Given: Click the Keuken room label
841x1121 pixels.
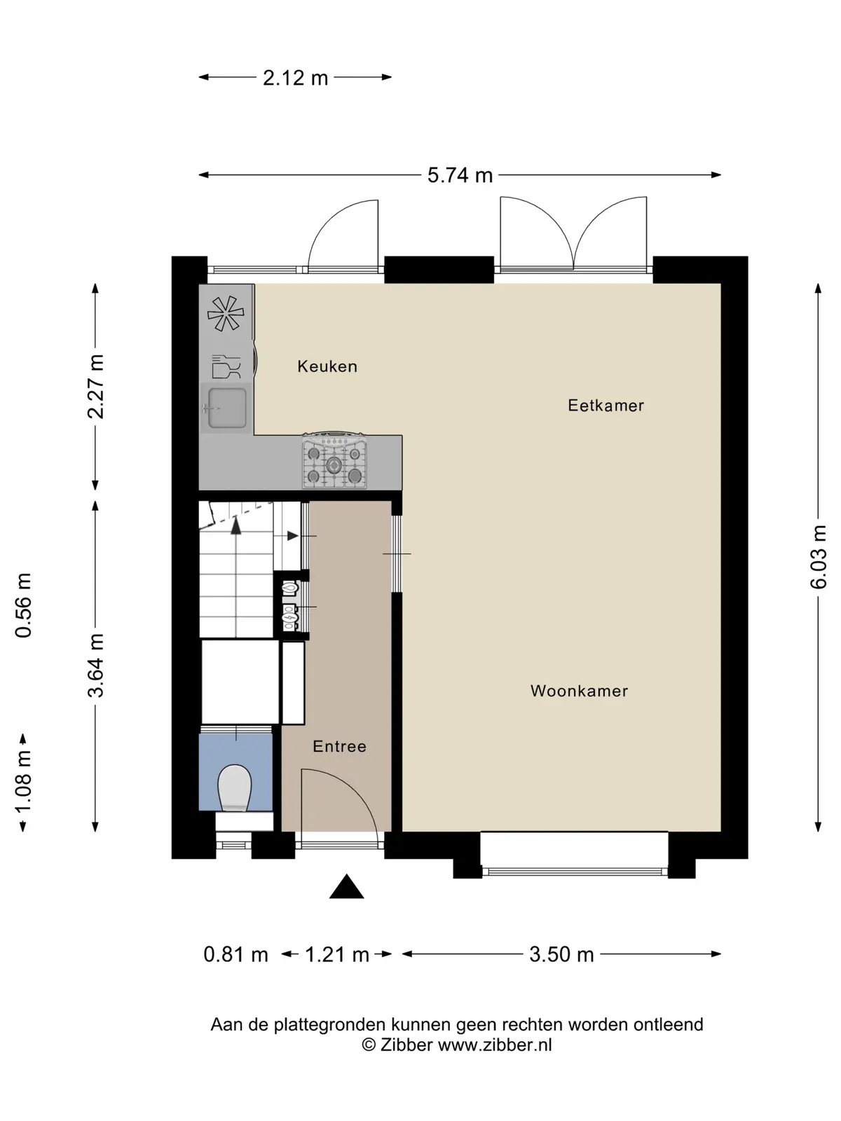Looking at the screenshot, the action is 327,366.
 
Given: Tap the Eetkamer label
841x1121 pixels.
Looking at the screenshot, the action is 606,406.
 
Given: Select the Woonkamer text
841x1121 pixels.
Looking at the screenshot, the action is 579,691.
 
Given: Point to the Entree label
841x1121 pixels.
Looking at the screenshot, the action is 340,747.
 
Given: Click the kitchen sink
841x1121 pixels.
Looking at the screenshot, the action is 226,408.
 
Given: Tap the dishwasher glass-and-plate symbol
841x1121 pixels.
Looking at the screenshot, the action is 226,366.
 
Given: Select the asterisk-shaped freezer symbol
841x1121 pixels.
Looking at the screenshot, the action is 226,313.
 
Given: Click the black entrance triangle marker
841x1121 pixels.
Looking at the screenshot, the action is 347,886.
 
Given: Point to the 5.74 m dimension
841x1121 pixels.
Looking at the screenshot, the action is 460,175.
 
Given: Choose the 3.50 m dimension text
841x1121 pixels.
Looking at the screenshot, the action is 561,954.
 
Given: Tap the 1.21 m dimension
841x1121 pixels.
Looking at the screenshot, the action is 337,954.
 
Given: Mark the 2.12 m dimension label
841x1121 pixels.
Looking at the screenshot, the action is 295,78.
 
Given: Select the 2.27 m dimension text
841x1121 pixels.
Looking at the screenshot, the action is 95,387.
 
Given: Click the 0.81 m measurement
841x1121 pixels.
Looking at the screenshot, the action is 236,954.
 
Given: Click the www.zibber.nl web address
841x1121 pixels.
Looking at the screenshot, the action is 495,1045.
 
